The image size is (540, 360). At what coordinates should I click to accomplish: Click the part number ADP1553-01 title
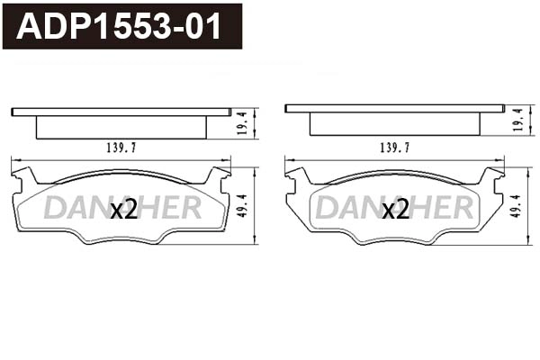tap(120, 27)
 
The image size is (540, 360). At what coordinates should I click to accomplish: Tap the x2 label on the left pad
tap(122, 211)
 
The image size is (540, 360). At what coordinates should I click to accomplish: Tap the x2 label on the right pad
tap(395, 211)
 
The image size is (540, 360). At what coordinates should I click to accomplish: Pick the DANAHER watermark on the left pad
tap(122, 209)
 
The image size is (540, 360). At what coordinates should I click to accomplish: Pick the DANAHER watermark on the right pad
tap(395, 209)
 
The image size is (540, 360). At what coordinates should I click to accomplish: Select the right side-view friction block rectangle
tap(394, 124)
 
